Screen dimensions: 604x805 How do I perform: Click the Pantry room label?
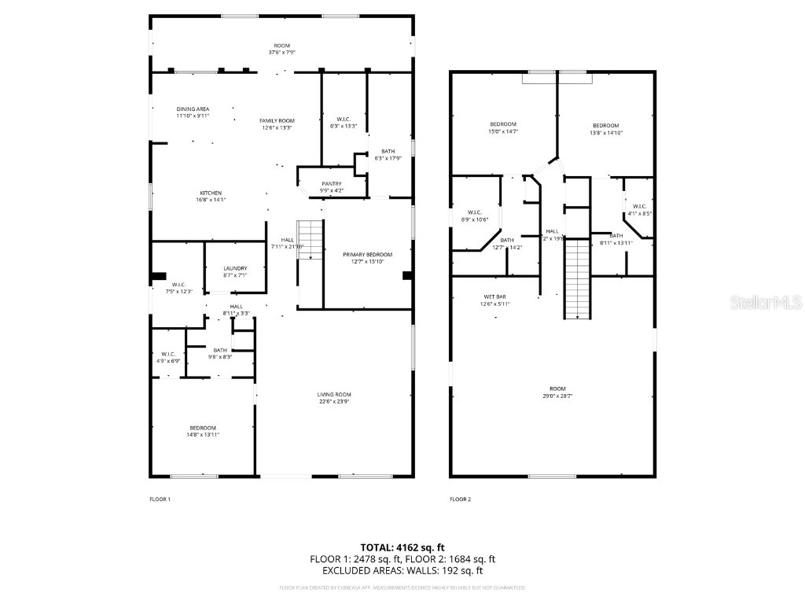tap(331, 186)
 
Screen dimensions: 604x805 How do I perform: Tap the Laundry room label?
tap(235, 271)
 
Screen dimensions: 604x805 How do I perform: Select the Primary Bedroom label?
tap(367, 258)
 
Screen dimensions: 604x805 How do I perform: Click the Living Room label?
tap(334, 398)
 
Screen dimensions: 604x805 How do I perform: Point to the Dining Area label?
tap(193, 112)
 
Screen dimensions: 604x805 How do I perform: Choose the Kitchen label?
tap(210, 197)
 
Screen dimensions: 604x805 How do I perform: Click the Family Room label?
tap(277, 123)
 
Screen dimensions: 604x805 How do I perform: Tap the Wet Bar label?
tap(495, 300)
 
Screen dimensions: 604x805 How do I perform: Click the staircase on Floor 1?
tap(312, 239)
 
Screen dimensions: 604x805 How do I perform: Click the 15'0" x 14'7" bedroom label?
tap(503, 128)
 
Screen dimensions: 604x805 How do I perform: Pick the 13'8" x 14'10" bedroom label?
tap(605, 129)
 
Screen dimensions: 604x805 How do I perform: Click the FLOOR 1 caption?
tap(160, 499)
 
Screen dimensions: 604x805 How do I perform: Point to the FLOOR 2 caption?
tap(460, 499)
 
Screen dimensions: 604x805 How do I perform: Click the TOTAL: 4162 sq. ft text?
tap(402, 547)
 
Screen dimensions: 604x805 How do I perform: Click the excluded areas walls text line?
tap(402, 571)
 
